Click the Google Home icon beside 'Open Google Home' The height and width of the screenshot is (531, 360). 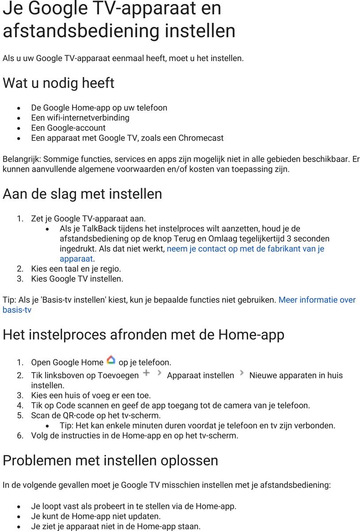coord(111,360)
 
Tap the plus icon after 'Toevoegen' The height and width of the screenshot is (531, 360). coord(146,373)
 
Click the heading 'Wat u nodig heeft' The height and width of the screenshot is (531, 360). coord(58,83)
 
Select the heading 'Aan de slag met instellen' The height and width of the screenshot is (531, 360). coord(82,194)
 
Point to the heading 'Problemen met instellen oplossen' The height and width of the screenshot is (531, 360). coord(110,460)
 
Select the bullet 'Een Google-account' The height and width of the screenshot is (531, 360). coord(68,128)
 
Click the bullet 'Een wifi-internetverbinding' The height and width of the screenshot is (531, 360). coord(80,118)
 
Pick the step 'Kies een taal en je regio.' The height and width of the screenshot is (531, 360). coord(76,269)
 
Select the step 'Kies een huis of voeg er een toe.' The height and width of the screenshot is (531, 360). coord(91,395)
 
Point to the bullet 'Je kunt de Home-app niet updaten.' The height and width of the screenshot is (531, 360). coord(96,516)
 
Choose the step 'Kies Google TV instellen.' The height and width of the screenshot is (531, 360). coord(77,279)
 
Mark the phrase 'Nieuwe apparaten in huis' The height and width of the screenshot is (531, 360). coord(296,375)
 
